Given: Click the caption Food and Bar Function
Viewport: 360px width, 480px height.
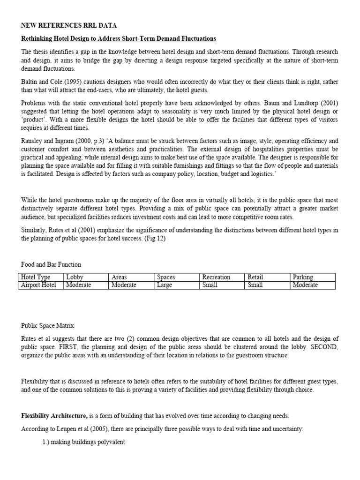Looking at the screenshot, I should click(51, 264).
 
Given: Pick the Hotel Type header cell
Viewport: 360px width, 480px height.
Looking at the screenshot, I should click(36, 277).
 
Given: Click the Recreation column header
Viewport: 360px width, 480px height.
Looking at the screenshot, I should click(216, 277).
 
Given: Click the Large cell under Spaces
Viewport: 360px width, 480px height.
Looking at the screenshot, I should click(165, 285).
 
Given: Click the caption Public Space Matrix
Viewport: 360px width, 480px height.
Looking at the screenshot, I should click(47, 326).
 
